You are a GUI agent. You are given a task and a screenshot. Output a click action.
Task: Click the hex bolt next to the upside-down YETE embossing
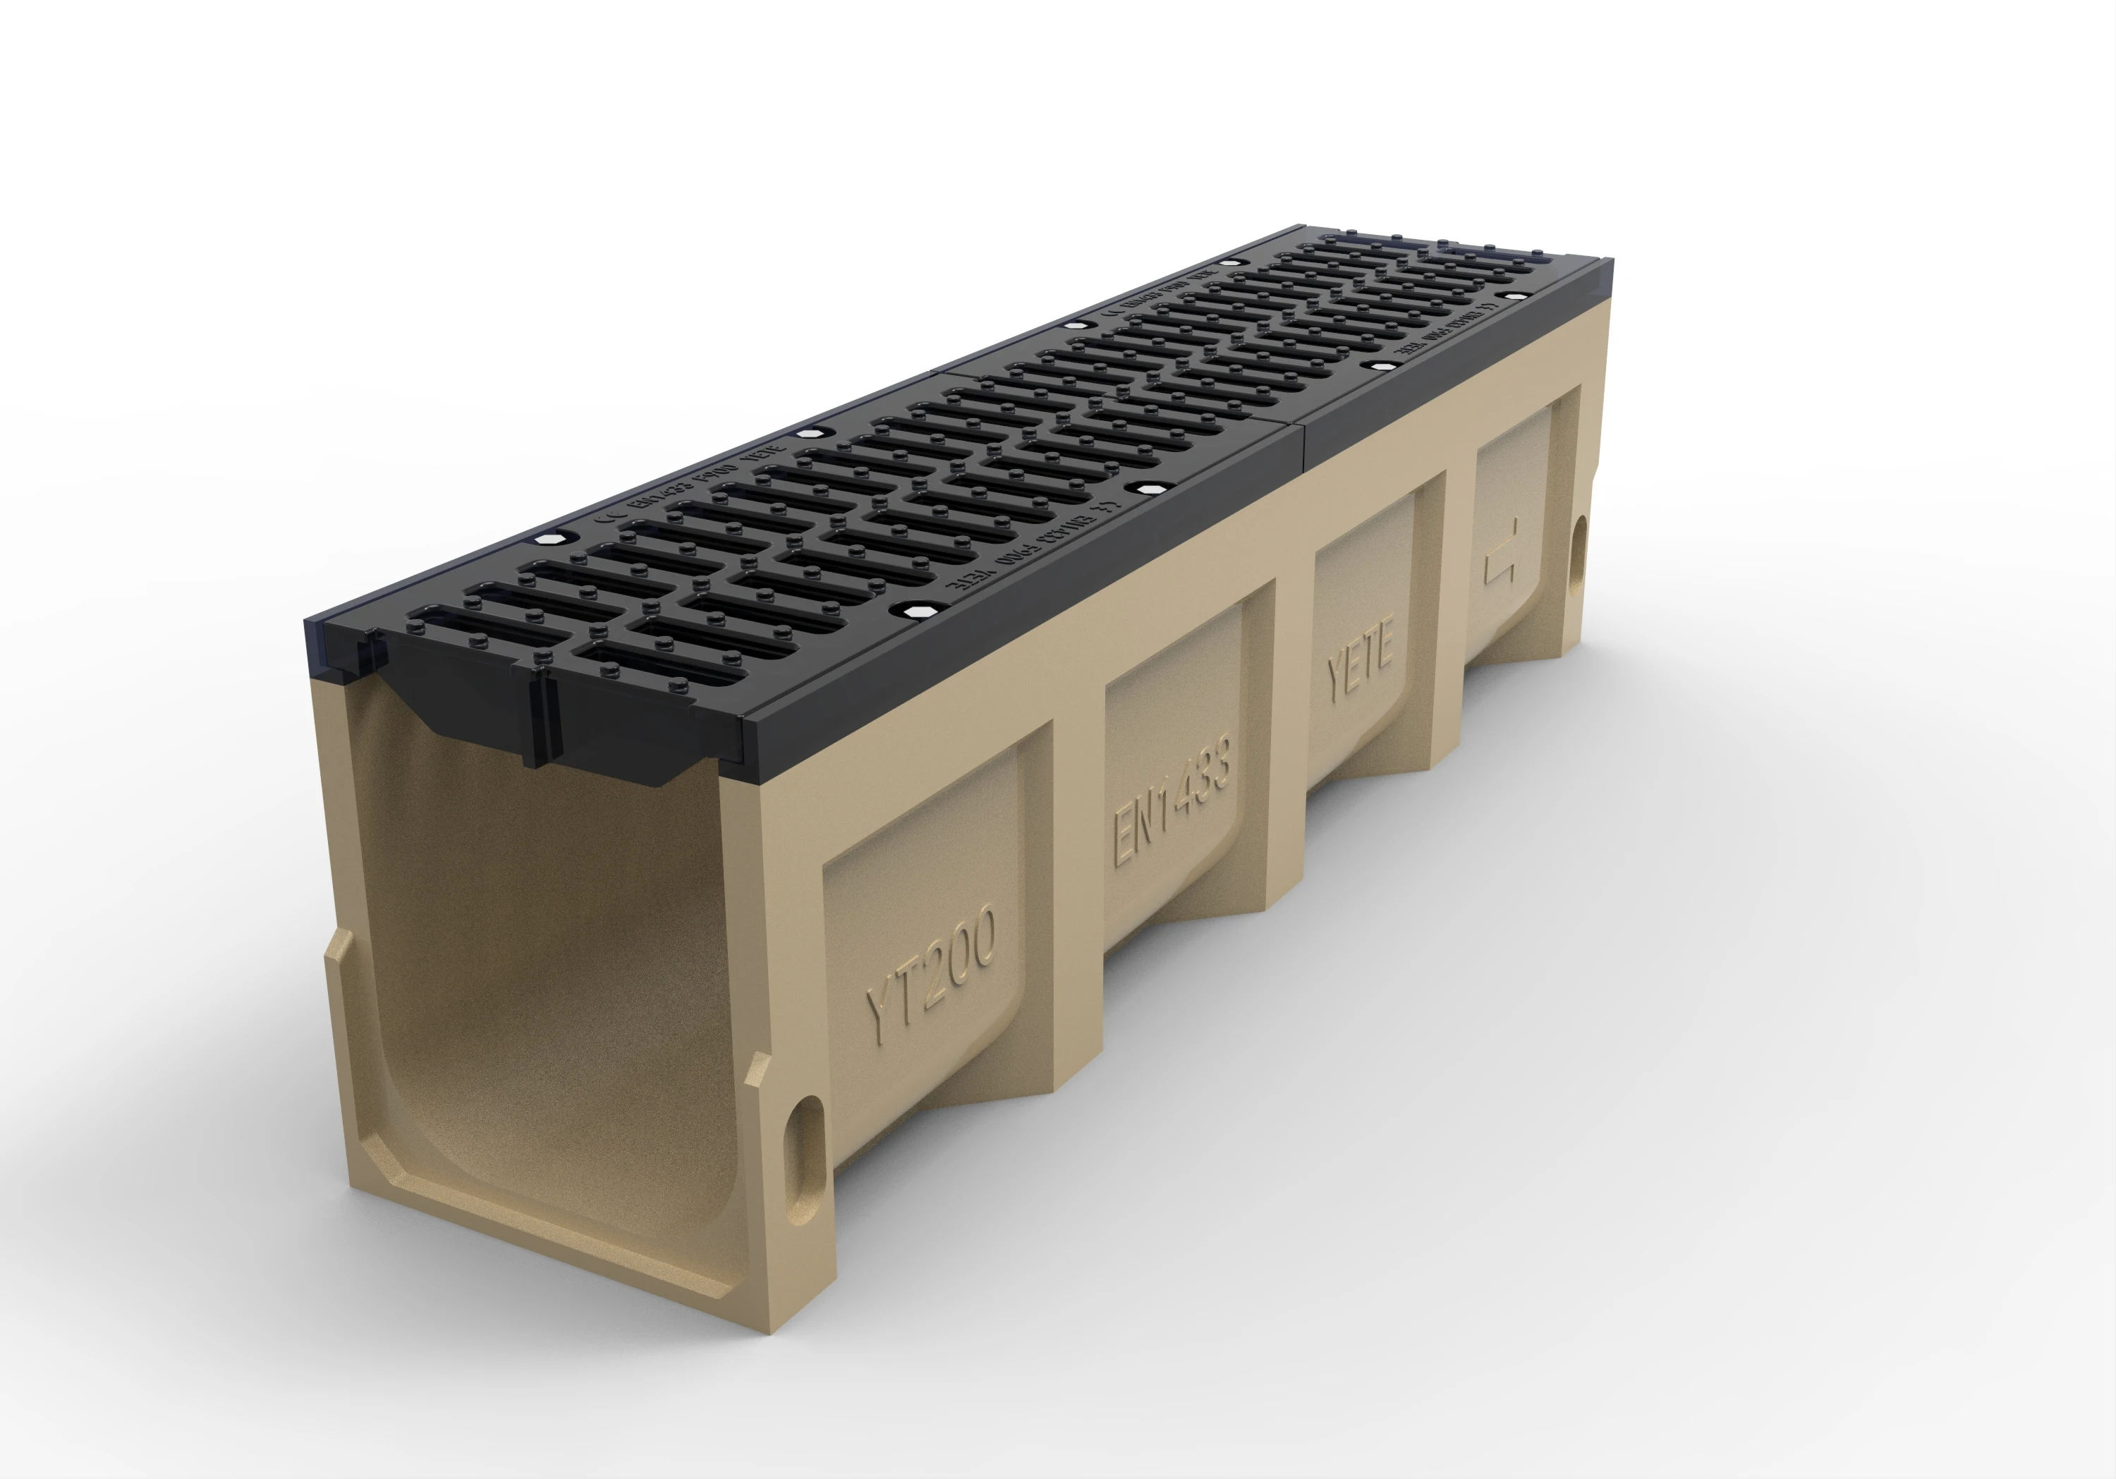click(x=913, y=610)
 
